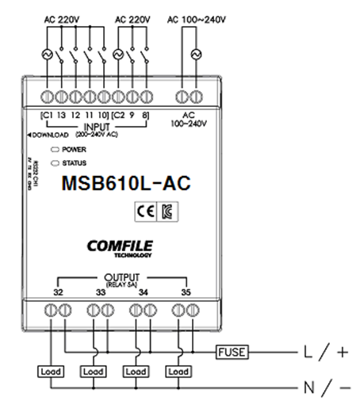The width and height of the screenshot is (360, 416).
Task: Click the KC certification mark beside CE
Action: point(165,210)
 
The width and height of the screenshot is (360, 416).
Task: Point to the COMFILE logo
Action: point(122,246)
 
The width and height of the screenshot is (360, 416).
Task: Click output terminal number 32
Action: point(58,292)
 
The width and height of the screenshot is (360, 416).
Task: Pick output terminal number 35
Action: point(186,292)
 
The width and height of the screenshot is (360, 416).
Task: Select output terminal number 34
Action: point(144,292)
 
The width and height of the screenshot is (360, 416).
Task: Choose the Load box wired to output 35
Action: point(178,370)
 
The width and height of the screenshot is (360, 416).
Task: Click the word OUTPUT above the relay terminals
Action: point(121,278)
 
